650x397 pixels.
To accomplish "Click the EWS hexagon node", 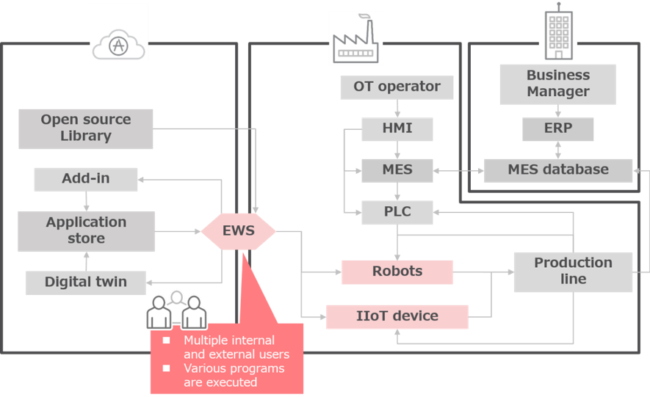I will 239,231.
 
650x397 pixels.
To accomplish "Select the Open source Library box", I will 86,128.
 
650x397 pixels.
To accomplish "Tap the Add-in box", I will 86,178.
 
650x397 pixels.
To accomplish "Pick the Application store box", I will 86,230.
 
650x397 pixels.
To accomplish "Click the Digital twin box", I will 86,282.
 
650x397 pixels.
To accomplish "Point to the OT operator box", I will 397,87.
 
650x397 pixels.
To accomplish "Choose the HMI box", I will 397,128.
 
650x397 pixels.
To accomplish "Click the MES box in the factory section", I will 397,170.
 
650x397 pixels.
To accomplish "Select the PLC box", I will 397,213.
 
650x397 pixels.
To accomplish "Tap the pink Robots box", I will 397,271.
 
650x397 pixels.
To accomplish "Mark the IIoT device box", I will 397,316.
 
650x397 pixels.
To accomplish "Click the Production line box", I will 573,271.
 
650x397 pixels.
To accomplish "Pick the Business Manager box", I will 557,84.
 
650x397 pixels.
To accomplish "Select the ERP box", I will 558,129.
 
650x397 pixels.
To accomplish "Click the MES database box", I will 558,170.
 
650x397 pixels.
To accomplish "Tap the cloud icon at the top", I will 119,45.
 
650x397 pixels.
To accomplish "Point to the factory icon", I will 355,40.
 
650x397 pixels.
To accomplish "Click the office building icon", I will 558,33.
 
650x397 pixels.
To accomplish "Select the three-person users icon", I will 176,311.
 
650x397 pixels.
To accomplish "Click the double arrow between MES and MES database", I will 459,170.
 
